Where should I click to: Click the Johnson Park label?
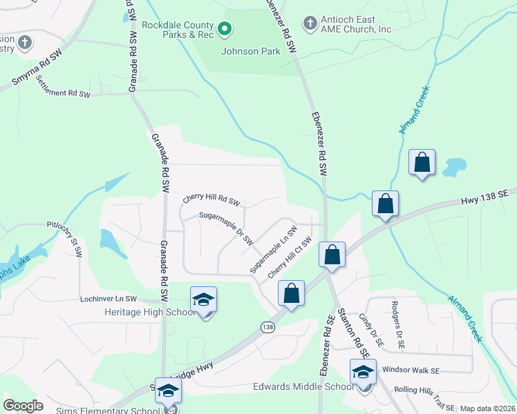[x=241, y=52]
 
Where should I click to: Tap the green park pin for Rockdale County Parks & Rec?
[x=224, y=28]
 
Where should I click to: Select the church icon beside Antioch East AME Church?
[x=310, y=23]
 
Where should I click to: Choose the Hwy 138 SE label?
[x=488, y=200]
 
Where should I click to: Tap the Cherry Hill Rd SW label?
[x=211, y=199]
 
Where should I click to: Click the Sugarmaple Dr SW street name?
[x=227, y=227]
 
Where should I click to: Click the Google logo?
[x=23, y=406]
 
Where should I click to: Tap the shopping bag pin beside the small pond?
[x=422, y=164]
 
